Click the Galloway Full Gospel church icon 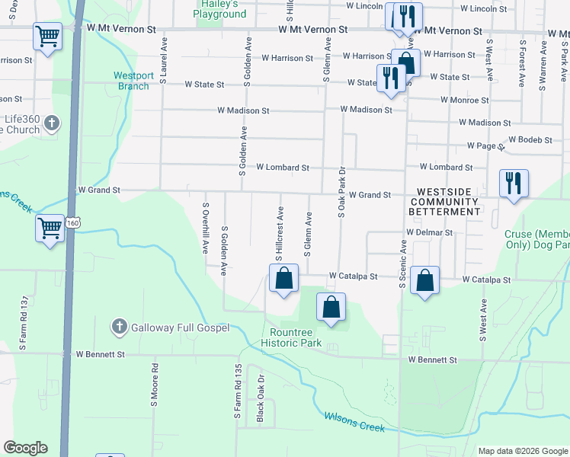[119, 328]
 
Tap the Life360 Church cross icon [52, 123]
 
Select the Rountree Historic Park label [302, 337]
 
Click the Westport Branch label [133, 81]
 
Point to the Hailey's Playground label [219, 9]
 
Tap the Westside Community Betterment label [444, 201]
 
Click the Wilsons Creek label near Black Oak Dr [354, 421]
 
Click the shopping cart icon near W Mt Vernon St [47, 35]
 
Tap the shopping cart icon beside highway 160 [50, 228]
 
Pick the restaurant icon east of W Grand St [513, 183]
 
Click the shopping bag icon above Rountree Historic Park [331, 307]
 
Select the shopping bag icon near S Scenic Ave [424, 280]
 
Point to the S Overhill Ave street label [205, 228]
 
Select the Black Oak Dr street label [261, 398]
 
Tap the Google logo [25, 448]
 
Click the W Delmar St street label [430, 232]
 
